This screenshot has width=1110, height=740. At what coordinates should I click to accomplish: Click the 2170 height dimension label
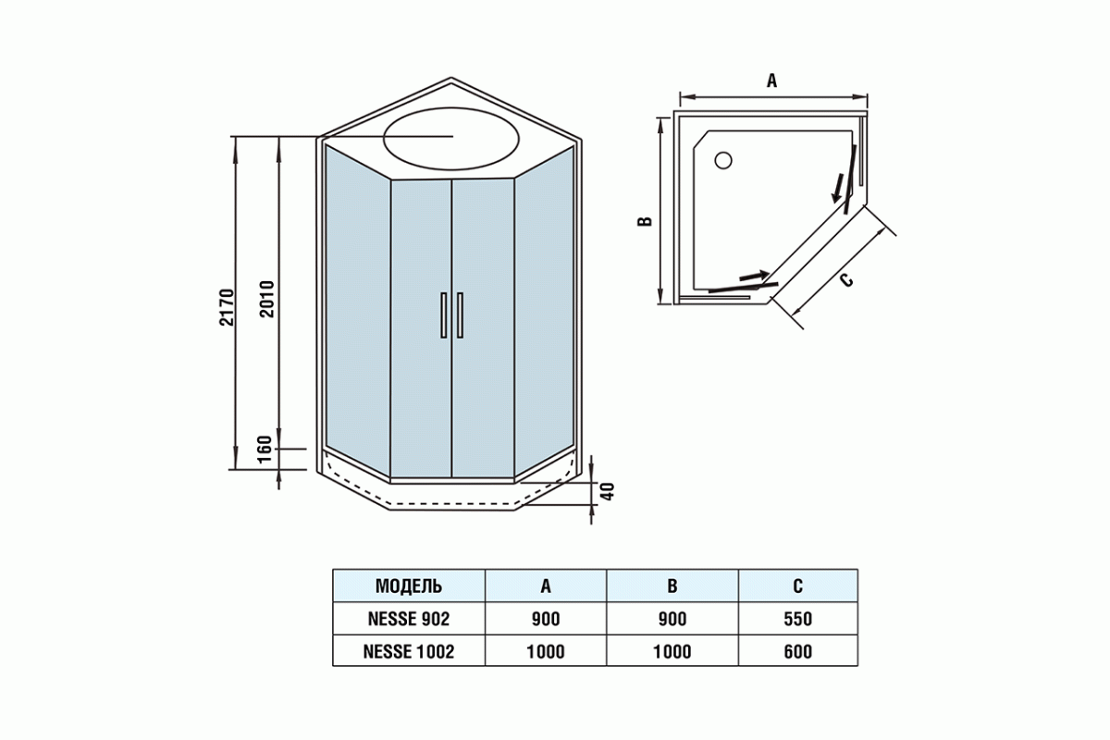point(229,307)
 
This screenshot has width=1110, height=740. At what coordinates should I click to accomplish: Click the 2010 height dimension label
point(267,298)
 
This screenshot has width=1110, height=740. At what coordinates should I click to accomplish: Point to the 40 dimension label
point(608,491)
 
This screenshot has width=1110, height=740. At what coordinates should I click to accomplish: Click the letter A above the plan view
point(771,80)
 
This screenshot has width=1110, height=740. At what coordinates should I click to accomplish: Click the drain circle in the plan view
point(723,160)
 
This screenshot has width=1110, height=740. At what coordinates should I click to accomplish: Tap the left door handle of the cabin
point(444,316)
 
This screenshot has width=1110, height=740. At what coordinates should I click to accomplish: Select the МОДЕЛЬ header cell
point(408,586)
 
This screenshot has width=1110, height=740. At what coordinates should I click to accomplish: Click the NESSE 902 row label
point(408,619)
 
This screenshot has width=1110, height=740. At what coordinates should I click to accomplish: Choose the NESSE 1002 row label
point(408,651)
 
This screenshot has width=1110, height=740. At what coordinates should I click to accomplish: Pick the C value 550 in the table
point(797,619)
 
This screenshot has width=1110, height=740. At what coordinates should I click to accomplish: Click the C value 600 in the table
point(797,651)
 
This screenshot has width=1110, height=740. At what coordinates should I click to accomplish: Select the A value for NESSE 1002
point(546,651)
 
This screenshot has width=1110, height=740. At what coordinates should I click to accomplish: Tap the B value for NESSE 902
point(672,619)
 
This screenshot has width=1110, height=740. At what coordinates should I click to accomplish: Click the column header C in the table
point(797,586)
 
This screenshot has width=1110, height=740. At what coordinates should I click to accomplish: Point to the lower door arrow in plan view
point(753,276)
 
